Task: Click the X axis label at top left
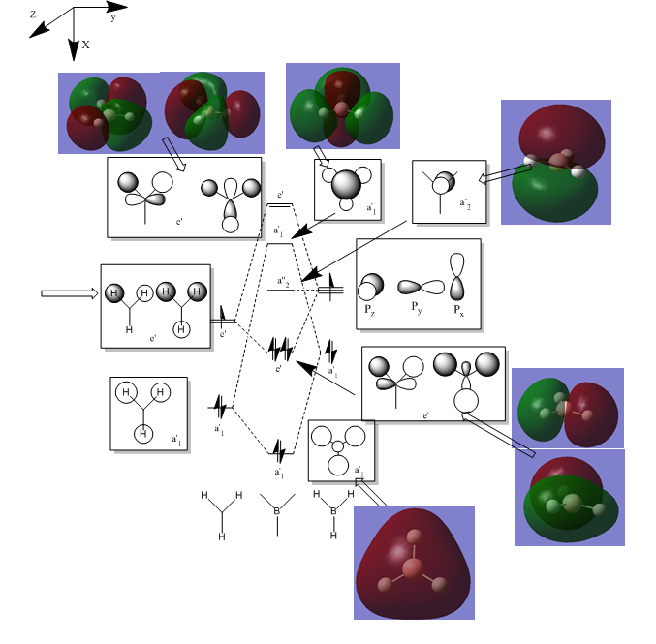(85, 45)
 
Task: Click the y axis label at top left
(113, 16)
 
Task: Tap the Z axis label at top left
(33, 15)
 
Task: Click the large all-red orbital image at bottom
(414, 563)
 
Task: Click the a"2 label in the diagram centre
(282, 282)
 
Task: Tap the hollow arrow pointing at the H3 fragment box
(70, 292)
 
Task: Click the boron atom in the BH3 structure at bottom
(334, 509)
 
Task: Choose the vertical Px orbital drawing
(458, 277)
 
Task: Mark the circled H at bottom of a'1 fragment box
(142, 433)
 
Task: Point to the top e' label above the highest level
(280, 196)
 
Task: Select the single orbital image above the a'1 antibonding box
(342, 106)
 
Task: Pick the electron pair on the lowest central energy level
(279, 449)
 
